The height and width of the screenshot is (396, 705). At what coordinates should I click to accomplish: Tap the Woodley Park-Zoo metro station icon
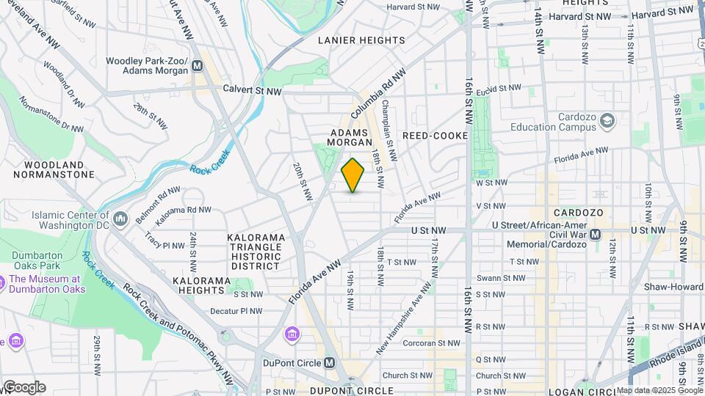(197, 67)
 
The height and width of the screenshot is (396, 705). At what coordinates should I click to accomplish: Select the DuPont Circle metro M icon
(330, 363)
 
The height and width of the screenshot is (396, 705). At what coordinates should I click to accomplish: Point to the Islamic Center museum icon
(120, 219)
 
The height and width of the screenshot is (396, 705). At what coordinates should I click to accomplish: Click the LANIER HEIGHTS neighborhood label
(361, 40)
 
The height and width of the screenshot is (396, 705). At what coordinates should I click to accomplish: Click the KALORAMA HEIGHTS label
(207, 281)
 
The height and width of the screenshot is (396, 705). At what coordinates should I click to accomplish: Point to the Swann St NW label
(500, 278)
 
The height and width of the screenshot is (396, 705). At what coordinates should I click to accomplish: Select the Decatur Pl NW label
(236, 311)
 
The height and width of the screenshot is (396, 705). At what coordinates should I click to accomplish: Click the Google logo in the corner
(23, 387)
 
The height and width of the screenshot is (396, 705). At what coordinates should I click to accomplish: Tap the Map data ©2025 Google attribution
(659, 390)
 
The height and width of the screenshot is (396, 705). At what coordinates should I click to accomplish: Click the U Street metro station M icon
(596, 235)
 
